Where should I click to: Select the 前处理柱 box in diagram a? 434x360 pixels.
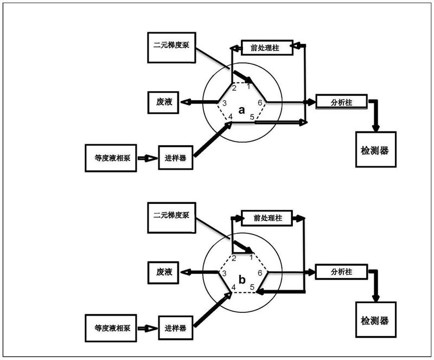(266, 47)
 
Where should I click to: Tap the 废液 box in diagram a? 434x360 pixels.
(163, 102)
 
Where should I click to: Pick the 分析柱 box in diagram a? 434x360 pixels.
(341, 101)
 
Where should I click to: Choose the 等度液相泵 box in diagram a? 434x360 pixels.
(111, 158)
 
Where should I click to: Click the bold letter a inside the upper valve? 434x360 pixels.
(242, 111)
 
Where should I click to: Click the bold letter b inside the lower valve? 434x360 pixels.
(242, 280)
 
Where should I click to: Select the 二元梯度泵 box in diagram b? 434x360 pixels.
(170, 216)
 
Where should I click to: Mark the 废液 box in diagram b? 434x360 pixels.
(163, 272)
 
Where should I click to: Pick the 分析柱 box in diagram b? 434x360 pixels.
(341, 272)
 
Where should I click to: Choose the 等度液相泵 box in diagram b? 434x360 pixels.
(111, 328)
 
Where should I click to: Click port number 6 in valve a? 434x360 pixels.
(260, 102)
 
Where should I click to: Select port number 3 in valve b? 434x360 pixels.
(224, 273)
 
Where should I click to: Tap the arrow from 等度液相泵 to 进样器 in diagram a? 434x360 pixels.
(146, 158)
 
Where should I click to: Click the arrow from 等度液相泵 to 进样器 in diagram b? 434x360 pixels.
(146, 328)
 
